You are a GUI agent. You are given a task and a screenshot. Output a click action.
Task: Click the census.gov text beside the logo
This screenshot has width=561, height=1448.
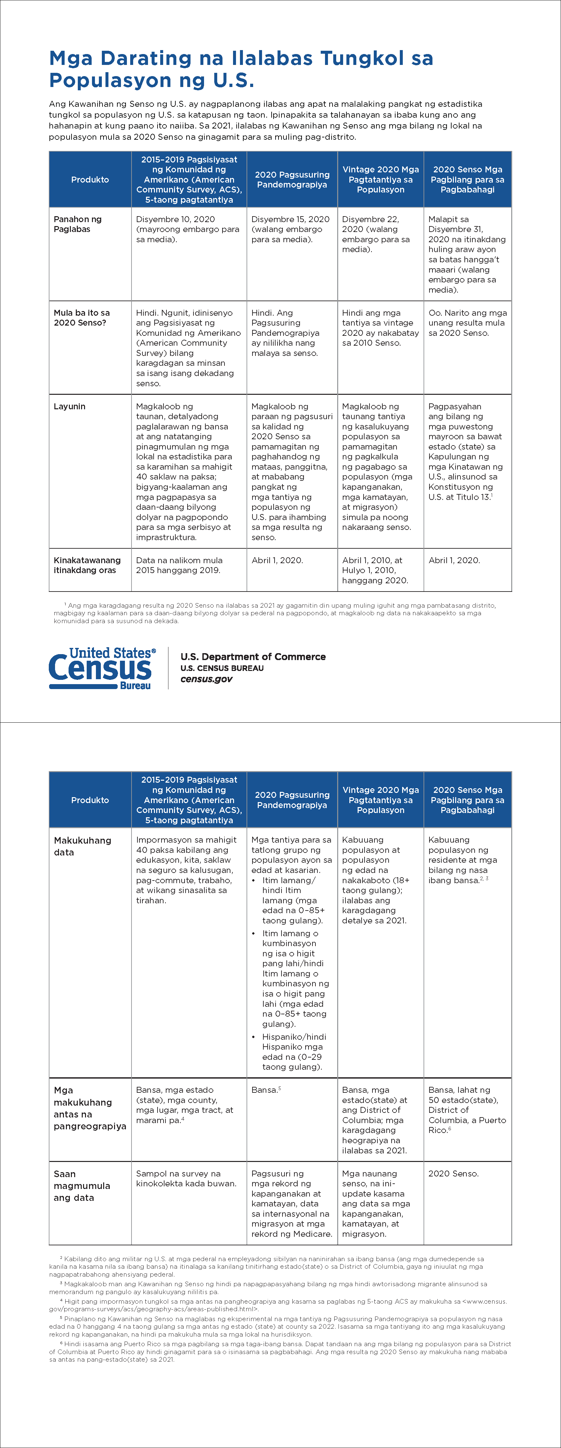(x=206, y=679)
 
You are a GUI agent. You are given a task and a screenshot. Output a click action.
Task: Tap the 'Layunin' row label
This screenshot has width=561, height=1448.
(x=70, y=406)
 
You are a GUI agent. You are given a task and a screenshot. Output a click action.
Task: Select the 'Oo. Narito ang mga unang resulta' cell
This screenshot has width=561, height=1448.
(x=467, y=323)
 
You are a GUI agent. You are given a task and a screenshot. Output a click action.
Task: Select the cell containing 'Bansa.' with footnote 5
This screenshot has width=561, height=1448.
(x=266, y=1090)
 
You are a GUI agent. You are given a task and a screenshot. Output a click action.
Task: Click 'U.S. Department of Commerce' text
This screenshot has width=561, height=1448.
(x=253, y=656)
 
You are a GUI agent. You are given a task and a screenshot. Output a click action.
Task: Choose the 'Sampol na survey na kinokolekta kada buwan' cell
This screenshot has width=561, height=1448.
(x=186, y=1178)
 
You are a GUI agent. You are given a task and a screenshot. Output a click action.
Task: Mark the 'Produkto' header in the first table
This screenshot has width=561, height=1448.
(x=90, y=179)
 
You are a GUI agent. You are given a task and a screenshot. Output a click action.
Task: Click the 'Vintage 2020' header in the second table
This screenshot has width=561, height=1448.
(x=381, y=799)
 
